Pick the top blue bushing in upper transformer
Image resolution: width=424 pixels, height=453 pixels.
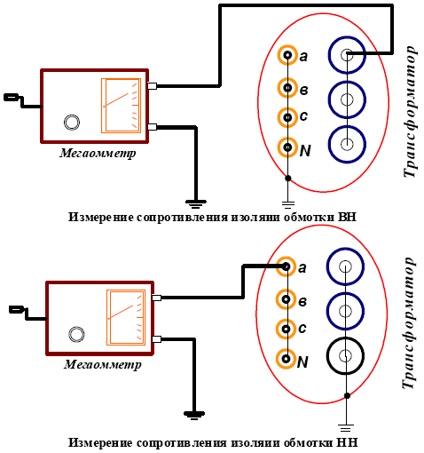[x=347, y=37]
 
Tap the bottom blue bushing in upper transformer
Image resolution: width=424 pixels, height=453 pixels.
[x=347, y=126]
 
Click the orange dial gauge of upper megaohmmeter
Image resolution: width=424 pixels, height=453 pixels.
[x=121, y=106]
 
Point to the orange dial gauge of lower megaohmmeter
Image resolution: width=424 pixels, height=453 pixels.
[x=126, y=317]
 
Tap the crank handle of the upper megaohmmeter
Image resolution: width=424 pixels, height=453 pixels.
[x=22, y=101]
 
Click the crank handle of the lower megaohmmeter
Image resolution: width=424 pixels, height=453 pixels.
[x=27, y=314]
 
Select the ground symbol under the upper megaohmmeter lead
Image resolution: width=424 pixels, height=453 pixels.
[x=195, y=203]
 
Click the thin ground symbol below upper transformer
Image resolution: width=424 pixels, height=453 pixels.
[x=287, y=204]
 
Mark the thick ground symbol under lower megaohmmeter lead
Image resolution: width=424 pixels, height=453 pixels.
[x=194, y=415]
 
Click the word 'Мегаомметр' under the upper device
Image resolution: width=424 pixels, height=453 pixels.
[x=98, y=154]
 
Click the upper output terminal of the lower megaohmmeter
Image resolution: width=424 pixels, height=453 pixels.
[x=156, y=298]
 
